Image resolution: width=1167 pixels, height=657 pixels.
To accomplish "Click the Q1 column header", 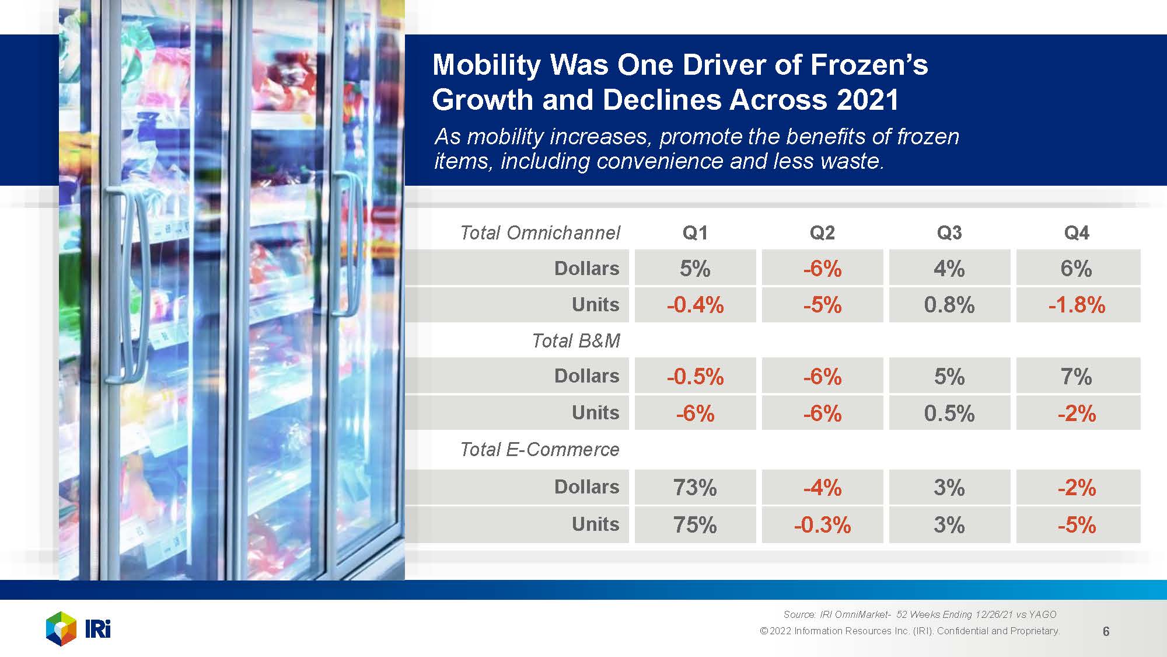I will tap(695, 233).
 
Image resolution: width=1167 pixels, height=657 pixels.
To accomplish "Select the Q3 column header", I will tap(949, 233).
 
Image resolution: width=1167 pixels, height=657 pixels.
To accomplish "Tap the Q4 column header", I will tap(1077, 233).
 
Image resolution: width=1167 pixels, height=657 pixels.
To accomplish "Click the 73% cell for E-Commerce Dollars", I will tap(695, 488).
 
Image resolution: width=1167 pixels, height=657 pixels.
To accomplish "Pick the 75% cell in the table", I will tap(695, 525).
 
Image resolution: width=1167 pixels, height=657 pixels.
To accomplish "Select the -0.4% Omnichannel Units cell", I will tap(695, 305).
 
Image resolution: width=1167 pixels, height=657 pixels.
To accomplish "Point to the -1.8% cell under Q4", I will tap(1077, 305).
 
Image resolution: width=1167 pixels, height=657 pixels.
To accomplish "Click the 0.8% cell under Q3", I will tap(949, 305).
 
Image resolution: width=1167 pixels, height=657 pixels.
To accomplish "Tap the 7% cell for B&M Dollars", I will tap(1077, 377).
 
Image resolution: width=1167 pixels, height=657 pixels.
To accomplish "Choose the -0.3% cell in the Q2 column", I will tap(822, 525).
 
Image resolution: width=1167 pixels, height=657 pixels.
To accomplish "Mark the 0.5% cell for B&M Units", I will tap(949, 413).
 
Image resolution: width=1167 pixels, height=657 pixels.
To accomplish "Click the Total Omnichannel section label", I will tap(540, 233).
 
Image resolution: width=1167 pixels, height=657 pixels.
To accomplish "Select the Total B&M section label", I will tap(576, 341).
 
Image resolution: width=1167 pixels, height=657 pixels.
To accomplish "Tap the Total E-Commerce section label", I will tap(540, 450).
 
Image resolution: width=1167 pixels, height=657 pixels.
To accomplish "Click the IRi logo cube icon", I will tap(61, 629).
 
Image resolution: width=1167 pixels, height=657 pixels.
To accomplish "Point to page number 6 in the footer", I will tap(1106, 631).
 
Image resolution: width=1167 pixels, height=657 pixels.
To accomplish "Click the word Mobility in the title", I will tap(486, 65).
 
